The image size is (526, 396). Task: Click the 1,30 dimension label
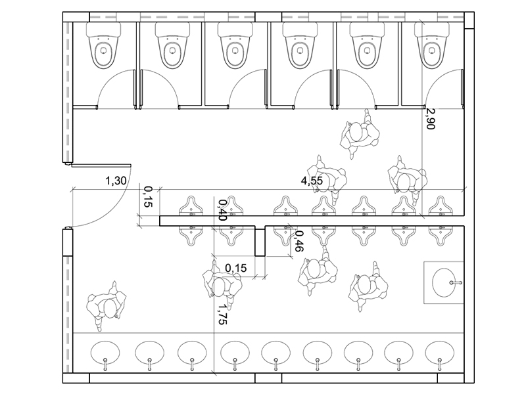(116, 181)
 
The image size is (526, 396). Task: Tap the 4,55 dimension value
(312, 181)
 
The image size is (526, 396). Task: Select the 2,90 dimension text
(430, 118)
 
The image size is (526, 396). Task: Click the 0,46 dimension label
(299, 242)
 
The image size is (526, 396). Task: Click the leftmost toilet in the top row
(104, 45)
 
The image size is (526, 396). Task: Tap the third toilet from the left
(235, 45)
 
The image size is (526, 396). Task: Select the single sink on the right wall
(447, 282)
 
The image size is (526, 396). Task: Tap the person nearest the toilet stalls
(360, 134)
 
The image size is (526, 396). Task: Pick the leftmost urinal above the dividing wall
(191, 206)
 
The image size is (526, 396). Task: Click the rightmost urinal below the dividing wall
(441, 236)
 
